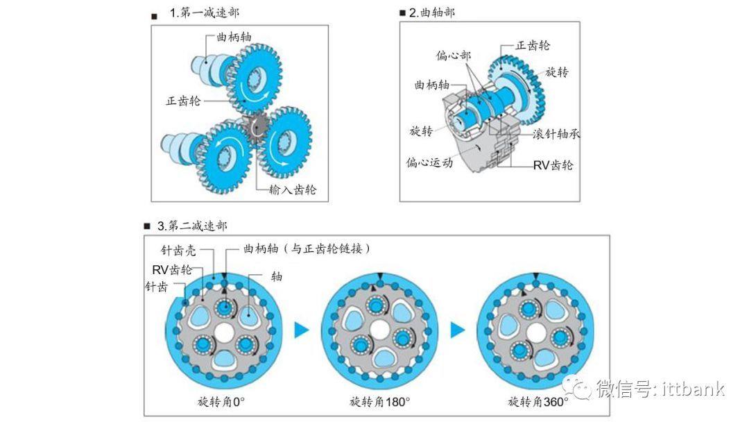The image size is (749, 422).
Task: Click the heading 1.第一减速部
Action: click(x=205, y=12)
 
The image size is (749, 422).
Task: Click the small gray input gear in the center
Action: click(x=258, y=128)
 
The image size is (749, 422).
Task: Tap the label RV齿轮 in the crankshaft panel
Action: click(x=553, y=166)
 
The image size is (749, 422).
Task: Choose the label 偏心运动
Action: click(x=429, y=162)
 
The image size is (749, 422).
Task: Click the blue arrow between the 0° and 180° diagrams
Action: click(x=301, y=330)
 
